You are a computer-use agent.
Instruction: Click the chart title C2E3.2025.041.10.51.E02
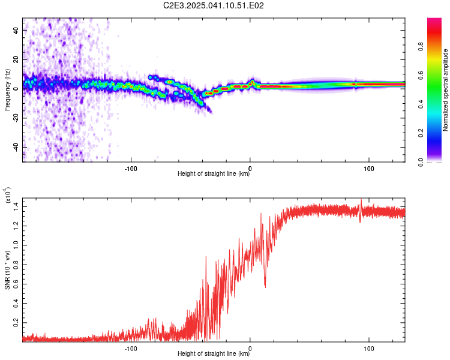point(213,5)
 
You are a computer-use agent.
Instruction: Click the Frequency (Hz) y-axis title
point(7,90)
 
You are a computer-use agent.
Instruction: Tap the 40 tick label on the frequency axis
point(16,30)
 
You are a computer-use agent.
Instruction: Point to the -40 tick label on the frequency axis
point(16,148)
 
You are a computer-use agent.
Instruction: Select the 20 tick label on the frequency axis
point(16,59)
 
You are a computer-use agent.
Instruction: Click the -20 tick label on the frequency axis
point(16,118)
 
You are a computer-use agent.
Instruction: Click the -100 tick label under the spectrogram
point(131,169)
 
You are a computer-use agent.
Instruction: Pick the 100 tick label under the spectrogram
point(369,169)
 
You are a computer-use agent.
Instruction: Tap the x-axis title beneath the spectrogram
point(214,173)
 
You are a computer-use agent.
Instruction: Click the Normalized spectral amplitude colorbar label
point(445,90)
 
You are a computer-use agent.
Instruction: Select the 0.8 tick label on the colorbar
point(421,47)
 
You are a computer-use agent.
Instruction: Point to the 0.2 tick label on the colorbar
point(421,133)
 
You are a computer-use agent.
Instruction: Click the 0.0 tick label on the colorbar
point(421,162)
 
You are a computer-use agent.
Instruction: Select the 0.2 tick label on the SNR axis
point(16,323)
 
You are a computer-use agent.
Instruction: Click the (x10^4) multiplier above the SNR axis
point(7,195)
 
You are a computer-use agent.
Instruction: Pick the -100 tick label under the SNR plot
point(131,349)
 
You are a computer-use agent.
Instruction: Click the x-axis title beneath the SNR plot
point(214,353)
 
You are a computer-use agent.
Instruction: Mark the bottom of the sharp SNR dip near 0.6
point(265,287)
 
